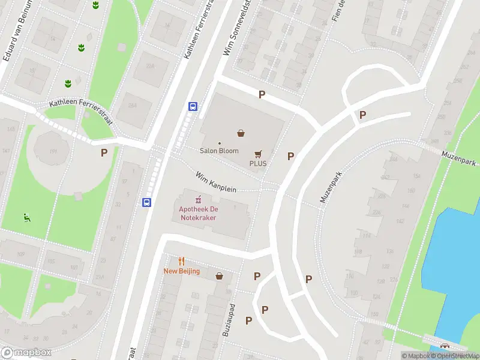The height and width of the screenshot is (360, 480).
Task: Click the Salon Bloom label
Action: pyautogui.click(x=219, y=151)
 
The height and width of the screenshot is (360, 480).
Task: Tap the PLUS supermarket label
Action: pyautogui.click(x=258, y=163)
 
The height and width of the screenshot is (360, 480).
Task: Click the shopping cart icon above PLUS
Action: pyautogui.click(x=259, y=154)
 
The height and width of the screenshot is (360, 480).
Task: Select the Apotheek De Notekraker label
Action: pyautogui.click(x=197, y=213)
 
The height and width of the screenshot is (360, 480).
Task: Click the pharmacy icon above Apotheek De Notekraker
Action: pyautogui.click(x=198, y=199)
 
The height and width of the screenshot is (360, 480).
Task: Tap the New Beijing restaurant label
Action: pyautogui.click(x=181, y=271)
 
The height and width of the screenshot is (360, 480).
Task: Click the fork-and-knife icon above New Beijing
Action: pyautogui.click(x=181, y=261)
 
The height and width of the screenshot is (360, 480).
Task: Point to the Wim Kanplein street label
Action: pyautogui.click(x=216, y=182)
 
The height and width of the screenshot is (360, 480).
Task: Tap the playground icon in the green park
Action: pyautogui.click(x=26, y=217)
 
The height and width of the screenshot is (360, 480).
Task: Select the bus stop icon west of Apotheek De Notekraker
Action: pyautogui.click(x=146, y=202)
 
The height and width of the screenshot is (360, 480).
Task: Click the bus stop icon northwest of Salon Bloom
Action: pyautogui.click(x=193, y=106)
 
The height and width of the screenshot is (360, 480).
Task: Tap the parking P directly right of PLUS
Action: pyautogui.click(x=291, y=156)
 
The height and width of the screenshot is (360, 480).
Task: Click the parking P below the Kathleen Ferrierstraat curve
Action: pyautogui.click(x=104, y=152)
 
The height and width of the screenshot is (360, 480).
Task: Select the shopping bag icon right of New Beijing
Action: pyautogui.click(x=220, y=276)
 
